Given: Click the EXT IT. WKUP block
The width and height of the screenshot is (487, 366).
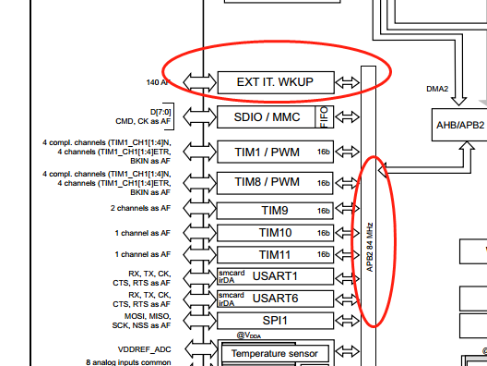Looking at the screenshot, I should (x=275, y=81).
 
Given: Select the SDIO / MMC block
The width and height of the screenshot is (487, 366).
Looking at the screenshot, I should (x=267, y=116).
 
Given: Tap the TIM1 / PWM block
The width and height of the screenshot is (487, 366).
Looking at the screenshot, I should (x=275, y=152).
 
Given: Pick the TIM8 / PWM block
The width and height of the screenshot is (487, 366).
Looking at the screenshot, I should (x=275, y=182).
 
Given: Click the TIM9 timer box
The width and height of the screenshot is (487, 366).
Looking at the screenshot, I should (x=275, y=210).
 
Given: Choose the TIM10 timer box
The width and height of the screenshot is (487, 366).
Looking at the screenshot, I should (x=275, y=232).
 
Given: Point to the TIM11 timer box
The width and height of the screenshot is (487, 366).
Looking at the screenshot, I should (x=275, y=254).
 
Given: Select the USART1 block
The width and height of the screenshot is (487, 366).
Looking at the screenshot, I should (x=275, y=275).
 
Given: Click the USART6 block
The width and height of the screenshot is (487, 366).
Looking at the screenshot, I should (x=275, y=298).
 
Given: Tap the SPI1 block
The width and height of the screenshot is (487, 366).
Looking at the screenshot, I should (x=275, y=320).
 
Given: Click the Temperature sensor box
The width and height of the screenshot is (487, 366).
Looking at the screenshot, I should (x=274, y=353).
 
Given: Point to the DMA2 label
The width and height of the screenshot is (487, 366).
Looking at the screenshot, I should (x=436, y=90).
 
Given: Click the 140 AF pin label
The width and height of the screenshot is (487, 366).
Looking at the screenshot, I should (x=159, y=82).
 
